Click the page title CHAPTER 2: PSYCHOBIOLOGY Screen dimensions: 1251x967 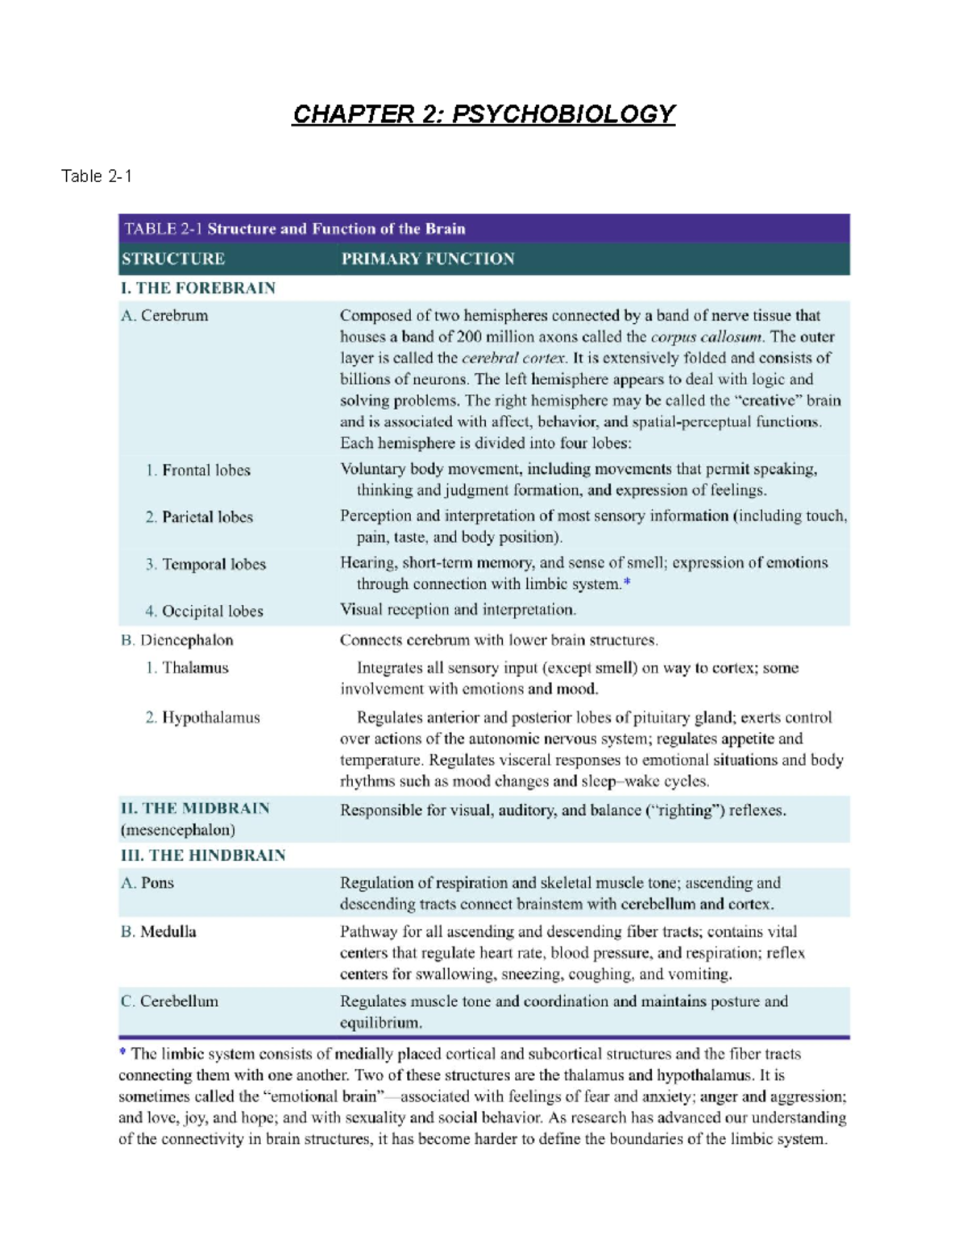[x=483, y=114]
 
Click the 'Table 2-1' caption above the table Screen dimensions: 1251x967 [x=97, y=176]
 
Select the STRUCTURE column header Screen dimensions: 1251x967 [x=173, y=259]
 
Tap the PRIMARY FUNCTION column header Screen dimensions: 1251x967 [x=427, y=259]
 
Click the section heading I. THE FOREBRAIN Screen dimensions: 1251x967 [x=198, y=288]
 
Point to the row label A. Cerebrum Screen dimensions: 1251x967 [x=164, y=316]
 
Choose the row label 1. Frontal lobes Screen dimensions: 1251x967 [x=198, y=470]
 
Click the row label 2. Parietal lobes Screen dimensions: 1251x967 [x=199, y=517]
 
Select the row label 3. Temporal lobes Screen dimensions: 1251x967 [x=205, y=565]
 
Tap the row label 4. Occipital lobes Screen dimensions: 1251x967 [x=204, y=611]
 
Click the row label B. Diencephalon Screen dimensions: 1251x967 [x=177, y=640]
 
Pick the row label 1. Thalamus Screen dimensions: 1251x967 [x=187, y=668]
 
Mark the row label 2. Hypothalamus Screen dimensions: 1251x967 [x=202, y=718]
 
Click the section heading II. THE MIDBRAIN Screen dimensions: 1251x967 [x=195, y=809]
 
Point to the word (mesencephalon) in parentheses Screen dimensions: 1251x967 [x=177, y=830]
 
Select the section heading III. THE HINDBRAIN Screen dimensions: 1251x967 [x=203, y=855]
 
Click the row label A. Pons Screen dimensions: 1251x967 [x=147, y=883]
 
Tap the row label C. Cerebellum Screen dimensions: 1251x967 [x=169, y=1001]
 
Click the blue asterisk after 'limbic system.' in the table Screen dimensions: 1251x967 [x=627, y=582]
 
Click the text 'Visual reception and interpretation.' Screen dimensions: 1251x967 [x=458, y=610]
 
